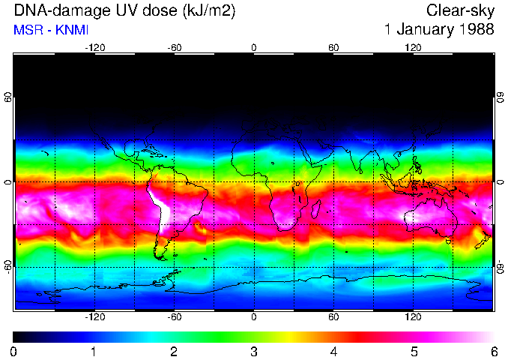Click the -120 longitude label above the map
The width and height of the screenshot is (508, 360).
pos(94,47)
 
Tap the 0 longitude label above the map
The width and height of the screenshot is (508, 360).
pos(254,47)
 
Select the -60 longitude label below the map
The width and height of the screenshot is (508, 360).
pos(175,316)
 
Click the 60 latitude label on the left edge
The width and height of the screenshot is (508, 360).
pos(8,98)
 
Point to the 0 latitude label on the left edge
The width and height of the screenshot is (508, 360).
pos(8,182)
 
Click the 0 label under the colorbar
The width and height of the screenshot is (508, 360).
pos(14,351)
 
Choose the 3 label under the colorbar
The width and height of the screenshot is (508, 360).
pos(254,351)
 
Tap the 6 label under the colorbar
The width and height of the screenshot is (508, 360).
pos(493,351)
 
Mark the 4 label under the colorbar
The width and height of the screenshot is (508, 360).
pos(333,351)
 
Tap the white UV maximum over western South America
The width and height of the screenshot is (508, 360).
pos(159,207)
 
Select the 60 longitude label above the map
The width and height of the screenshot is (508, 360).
pos(333,47)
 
